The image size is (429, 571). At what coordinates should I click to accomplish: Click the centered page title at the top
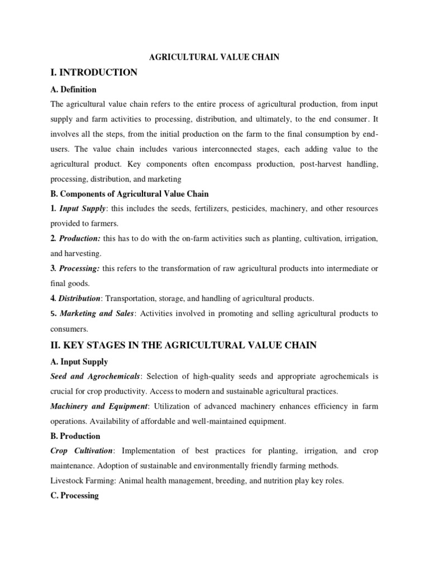click(214, 57)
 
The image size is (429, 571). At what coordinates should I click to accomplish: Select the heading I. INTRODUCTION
click(94, 72)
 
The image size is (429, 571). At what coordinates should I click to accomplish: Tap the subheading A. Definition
click(73, 89)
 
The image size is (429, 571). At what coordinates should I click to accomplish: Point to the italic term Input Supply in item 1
click(80, 208)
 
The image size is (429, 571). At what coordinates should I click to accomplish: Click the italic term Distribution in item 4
click(80, 298)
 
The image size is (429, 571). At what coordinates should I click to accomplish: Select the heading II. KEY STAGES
click(183, 345)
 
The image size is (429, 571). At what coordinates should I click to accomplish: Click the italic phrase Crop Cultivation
click(82, 451)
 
